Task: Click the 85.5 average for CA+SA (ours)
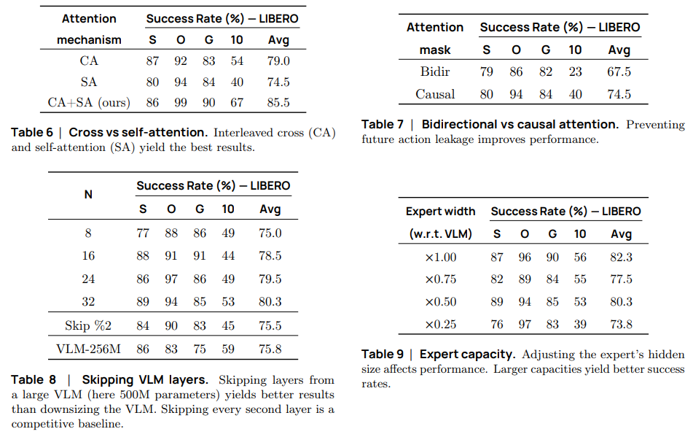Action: (x=278, y=102)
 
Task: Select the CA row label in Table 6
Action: (x=89, y=61)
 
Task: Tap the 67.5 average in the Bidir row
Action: (x=619, y=71)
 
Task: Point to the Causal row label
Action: (x=435, y=94)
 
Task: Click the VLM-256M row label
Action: (x=89, y=349)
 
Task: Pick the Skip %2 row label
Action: (x=89, y=325)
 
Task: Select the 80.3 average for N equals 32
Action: (x=270, y=301)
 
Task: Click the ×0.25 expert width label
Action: (x=440, y=324)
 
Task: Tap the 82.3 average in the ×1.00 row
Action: (x=621, y=257)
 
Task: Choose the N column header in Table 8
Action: (x=89, y=195)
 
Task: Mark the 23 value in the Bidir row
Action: (x=575, y=71)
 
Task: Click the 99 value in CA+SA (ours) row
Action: (x=181, y=102)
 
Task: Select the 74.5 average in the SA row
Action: (x=278, y=82)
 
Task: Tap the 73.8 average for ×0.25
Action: (x=621, y=324)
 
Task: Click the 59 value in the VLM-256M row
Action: (x=227, y=349)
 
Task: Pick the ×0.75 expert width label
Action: (x=440, y=279)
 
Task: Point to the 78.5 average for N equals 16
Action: (x=270, y=256)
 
